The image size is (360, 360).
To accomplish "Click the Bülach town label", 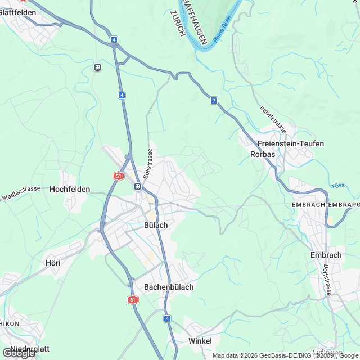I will [x=156, y=225].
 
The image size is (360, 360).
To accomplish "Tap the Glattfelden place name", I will [x=19, y=12].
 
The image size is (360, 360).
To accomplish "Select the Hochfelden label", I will [x=70, y=190].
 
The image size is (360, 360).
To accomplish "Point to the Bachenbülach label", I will [x=169, y=287].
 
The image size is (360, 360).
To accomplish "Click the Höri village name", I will [x=52, y=262].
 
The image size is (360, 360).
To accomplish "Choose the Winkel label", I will [x=200, y=341].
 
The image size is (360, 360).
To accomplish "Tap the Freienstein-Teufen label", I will [x=291, y=143].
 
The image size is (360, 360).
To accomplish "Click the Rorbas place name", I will [x=262, y=154].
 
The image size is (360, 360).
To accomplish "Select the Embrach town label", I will [x=326, y=255].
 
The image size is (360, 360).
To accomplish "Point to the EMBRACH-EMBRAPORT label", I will [x=325, y=205].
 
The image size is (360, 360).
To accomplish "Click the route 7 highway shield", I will [x=214, y=100].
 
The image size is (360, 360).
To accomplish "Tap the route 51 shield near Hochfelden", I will [x=118, y=176].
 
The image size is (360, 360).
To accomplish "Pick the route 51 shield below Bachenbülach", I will [x=133, y=300].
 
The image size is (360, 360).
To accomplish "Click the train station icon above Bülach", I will [x=137, y=186].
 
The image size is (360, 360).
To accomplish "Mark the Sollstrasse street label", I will [x=148, y=164].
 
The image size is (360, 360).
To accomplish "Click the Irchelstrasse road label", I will [x=273, y=119].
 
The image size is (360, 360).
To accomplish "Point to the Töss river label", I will [x=338, y=185].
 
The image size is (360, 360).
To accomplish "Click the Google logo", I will [x=18, y=353].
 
